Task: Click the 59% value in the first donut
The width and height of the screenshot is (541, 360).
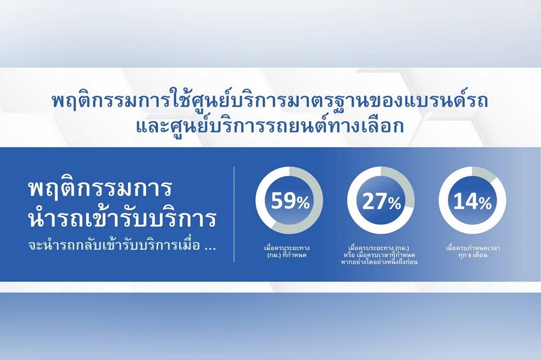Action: [290, 201]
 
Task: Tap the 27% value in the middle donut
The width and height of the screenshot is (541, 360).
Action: [382, 202]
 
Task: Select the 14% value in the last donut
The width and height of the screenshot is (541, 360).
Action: [472, 201]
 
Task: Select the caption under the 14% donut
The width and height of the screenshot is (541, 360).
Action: [472, 252]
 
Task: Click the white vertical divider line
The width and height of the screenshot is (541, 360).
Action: [234, 215]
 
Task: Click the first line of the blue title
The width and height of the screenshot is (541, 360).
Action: [270, 101]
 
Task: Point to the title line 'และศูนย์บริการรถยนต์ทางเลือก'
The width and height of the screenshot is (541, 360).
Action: [270, 127]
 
